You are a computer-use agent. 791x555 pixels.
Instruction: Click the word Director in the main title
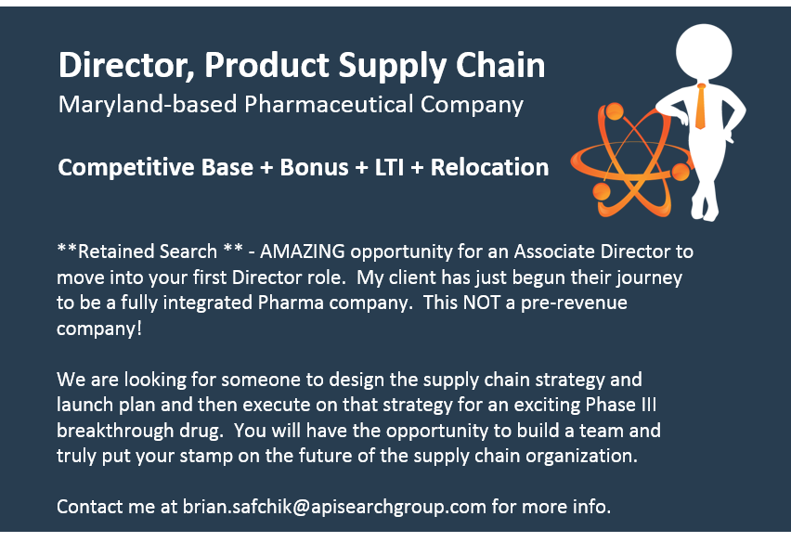click(x=126, y=65)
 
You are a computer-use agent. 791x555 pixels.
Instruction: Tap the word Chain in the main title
click(x=500, y=65)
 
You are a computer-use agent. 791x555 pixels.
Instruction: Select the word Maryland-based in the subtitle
click(x=148, y=104)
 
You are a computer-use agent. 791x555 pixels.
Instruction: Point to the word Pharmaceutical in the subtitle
click(x=329, y=104)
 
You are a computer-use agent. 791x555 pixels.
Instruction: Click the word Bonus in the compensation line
click(x=314, y=167)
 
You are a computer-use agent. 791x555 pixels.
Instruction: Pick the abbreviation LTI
click(x=389, y=167)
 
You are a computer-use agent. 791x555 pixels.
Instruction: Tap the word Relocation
click(x=489, y=167)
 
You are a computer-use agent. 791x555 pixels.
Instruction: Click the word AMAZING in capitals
click(x=302, y=251)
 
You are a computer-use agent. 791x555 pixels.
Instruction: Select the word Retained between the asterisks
click(x=115, y=251)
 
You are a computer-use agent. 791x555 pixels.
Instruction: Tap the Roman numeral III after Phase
click(x=649, y=405)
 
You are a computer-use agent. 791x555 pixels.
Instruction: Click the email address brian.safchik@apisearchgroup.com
click(x=334, y=506)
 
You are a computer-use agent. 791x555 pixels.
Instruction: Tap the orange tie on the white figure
click(x=701, y=107)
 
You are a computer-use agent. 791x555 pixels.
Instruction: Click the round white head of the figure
click(x=704, y=52)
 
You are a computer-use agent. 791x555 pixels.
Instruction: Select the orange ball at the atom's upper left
click(x=615, y=111)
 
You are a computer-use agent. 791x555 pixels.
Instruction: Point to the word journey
click(x=648, y=277)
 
